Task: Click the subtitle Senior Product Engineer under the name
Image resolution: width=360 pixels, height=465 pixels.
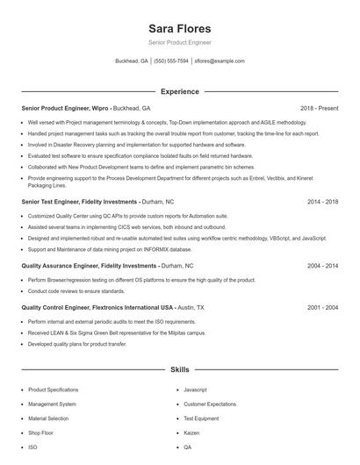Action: [x=179, y=42]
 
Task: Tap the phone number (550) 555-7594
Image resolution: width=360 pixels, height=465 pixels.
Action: [x=171, y=61]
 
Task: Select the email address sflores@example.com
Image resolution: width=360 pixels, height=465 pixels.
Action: [x=220, y=61]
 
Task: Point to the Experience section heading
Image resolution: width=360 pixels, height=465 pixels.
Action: [x=179, y=91]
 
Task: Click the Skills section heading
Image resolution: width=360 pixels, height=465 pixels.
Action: [x=179, y=370]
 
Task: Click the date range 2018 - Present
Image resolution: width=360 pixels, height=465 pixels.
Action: [x=319, y=108]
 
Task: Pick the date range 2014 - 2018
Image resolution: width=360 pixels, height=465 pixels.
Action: [x=322, y=201]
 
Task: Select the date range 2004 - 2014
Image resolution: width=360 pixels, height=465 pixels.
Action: [x=322, y=265]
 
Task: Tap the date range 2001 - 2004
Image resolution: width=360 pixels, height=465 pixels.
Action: [x=322, y=308]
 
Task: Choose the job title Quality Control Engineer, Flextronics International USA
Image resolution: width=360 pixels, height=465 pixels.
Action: [x=97, y=308]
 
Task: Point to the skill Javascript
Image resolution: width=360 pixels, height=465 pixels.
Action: [x=196, y=390]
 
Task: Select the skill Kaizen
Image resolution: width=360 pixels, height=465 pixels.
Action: [x=192, y=433]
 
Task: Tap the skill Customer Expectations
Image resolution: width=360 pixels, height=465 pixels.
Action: [x=210, y=404]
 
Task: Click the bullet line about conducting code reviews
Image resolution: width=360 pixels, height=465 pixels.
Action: [x=76, y=290]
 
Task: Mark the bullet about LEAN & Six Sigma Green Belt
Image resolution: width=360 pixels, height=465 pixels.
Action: [x=117, y=333]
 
